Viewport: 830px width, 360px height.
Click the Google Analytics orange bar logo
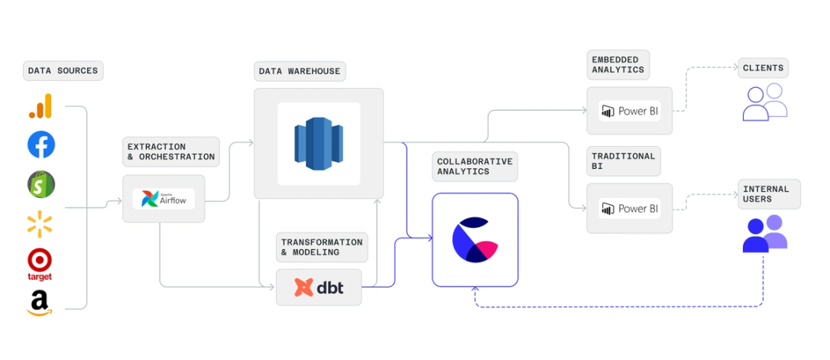[x=41, y=106]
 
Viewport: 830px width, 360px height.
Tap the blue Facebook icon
[x=41, y=144]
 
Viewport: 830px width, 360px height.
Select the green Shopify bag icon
[x=41, y=184]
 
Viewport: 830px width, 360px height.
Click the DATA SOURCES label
[x=63, y=71]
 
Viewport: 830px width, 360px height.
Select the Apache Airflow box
[x=164, y=199]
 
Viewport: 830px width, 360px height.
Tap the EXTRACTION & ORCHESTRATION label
[x=170, y=151]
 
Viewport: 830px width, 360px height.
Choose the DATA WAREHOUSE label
[x=300, y=71]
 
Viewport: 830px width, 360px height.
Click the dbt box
[x=319, y=287]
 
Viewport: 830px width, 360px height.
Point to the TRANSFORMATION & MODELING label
[x=321, y=247]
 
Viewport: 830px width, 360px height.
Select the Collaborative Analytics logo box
[x=475, y=239]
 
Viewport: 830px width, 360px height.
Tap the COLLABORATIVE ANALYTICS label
[x=474, y=167]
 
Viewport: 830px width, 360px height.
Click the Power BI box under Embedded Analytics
[x=630, y=112]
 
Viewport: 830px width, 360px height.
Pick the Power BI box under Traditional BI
[x=630, y=208]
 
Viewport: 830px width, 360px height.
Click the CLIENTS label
[x=763, y=68]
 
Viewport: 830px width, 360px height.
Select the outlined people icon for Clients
[x=764, y=102]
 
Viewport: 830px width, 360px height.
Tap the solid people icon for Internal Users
[x=764, y=234]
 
